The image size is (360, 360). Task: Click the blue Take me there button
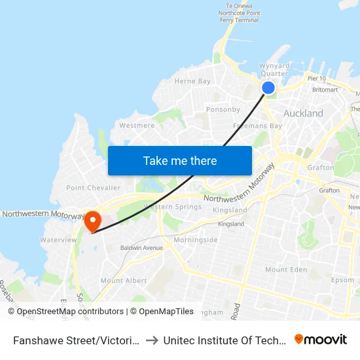coord(180,160)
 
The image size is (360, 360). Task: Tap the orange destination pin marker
coord(92,221)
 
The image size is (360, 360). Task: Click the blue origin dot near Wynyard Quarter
coord(268,88)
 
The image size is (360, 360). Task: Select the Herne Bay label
coord(192,81)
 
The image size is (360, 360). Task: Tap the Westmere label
coord(137,125)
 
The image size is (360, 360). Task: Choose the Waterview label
coord(58,240)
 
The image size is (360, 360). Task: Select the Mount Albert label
coord(124,280)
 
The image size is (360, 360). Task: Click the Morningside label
coord(196,240)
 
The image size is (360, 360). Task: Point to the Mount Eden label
coord(286,270)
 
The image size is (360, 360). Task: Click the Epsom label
coord(342,280)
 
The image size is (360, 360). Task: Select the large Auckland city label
coord(303,113)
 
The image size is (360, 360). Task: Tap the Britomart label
coord(325,89)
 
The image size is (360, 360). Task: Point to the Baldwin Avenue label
coord(141,248)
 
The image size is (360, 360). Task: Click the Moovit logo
coord(321,339)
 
